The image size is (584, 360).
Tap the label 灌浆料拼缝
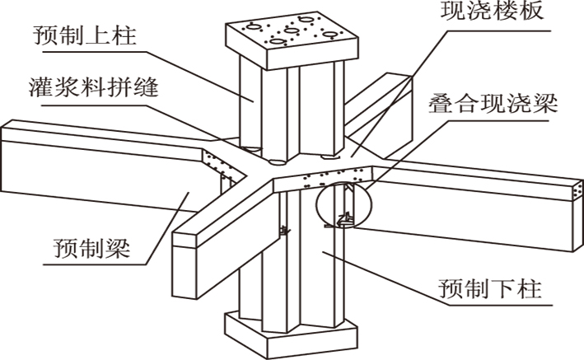87,86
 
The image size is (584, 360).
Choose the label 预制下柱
494,290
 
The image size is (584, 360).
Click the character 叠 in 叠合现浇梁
438,105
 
